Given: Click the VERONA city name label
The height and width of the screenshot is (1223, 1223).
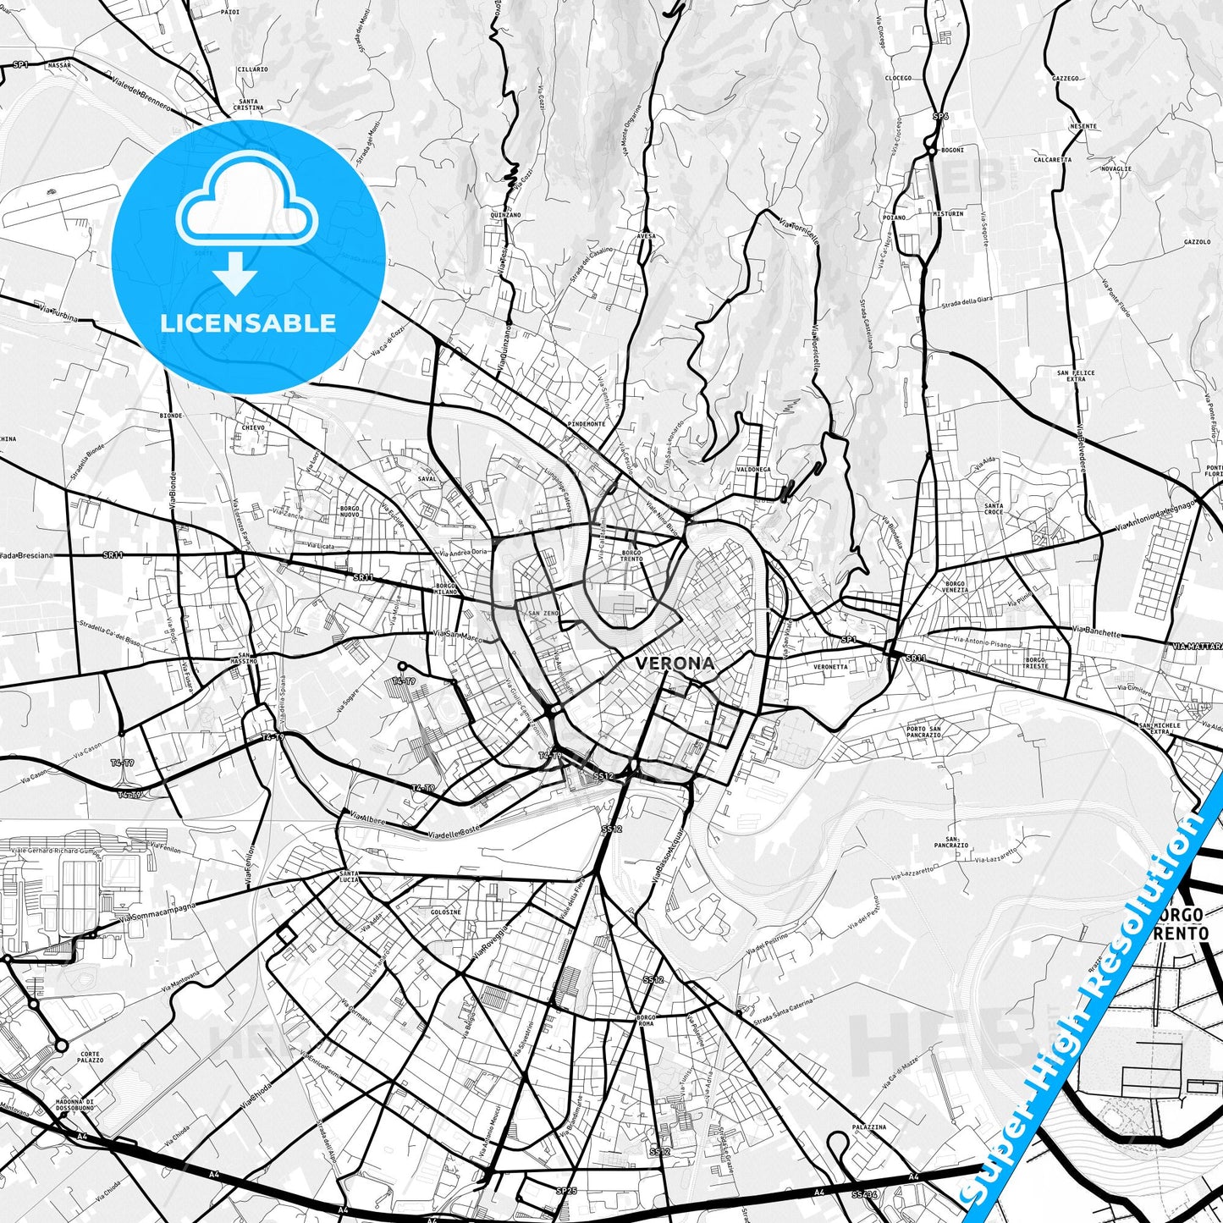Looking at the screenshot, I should (x=675, y=664).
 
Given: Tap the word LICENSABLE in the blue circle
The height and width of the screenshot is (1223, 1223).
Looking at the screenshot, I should (x=248, y=323).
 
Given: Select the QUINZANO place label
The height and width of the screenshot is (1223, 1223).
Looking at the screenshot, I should (x=504, y=215).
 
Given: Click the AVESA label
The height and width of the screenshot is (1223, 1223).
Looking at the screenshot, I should (x=646, y=237).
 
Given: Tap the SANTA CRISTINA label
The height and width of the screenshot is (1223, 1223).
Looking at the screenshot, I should (x=249, y=104).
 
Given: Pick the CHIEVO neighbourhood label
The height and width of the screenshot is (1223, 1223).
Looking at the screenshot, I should (x=253, y=427).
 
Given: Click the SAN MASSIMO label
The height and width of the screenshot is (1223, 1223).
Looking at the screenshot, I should (x=247, y=658).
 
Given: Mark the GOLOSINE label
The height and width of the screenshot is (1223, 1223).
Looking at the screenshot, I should (x=446, y=912).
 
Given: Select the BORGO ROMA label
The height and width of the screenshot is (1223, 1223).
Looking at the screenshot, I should (x=646, y=1020).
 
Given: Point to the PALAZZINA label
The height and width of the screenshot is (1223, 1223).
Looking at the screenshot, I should (x=869, y=1127).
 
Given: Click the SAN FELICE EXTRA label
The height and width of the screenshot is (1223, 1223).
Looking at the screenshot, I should (x=1076, y=376).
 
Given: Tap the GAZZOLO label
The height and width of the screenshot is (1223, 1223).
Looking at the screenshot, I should (x=1198, y=242).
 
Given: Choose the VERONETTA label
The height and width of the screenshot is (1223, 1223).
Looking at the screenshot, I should (x=830, y=667).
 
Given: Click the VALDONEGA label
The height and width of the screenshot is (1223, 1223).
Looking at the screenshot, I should (x=753, y=469).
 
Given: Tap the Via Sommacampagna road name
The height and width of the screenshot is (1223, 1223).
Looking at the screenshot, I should (x=157, y=912).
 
